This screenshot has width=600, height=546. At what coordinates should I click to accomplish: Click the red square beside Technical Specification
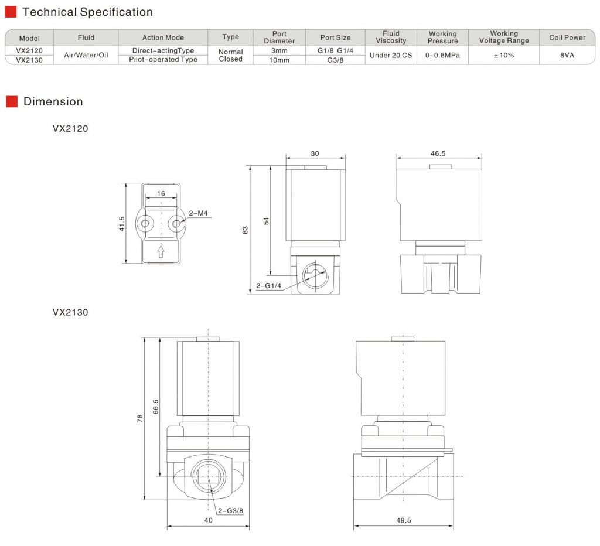11,12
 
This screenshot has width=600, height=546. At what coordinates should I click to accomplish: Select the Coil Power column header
567,37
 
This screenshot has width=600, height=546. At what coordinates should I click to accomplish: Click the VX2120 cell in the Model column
29,51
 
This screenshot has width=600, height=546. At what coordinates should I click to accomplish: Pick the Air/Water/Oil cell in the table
86,55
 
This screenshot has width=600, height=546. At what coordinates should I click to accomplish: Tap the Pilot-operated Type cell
163,60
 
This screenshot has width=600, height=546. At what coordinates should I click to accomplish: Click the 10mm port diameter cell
279,60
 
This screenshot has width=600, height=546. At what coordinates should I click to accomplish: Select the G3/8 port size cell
335,60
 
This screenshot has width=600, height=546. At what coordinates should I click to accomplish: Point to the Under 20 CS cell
391,55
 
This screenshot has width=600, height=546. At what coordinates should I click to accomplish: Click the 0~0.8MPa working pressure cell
442,55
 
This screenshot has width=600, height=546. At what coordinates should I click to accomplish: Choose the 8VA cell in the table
567,55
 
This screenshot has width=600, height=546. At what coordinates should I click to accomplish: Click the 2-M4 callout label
198,214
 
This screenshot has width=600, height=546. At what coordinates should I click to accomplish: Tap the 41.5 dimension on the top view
122,224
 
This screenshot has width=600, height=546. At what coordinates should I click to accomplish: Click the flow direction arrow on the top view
161,251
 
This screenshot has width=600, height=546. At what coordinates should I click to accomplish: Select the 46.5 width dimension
438,153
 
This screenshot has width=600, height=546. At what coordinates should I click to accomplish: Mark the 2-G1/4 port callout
269,286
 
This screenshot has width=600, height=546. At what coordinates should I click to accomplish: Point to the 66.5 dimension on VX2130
155,405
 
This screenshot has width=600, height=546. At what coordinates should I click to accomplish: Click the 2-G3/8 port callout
230,510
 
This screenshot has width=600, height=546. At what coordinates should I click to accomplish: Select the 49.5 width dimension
404,520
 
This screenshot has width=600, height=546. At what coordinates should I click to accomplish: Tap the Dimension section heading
53,101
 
